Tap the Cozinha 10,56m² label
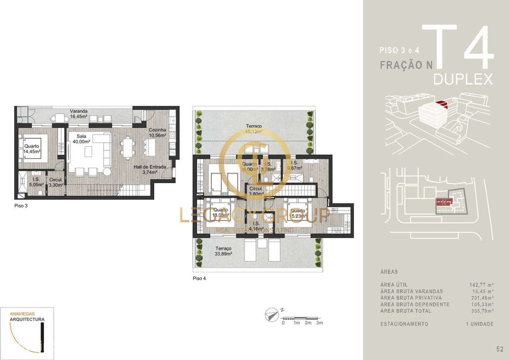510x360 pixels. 157,133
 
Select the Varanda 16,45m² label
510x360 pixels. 79,114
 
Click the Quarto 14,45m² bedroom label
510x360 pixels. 31,149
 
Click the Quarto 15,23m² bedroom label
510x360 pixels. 298,213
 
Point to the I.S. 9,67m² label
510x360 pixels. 295,166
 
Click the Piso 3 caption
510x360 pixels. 20,206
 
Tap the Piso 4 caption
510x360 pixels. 199,278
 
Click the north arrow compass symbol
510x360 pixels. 272,315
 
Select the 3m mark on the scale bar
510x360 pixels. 319,323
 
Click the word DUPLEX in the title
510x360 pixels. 463,79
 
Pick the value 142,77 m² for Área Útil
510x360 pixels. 482,285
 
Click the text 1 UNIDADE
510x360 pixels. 479,324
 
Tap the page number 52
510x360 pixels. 500,349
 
